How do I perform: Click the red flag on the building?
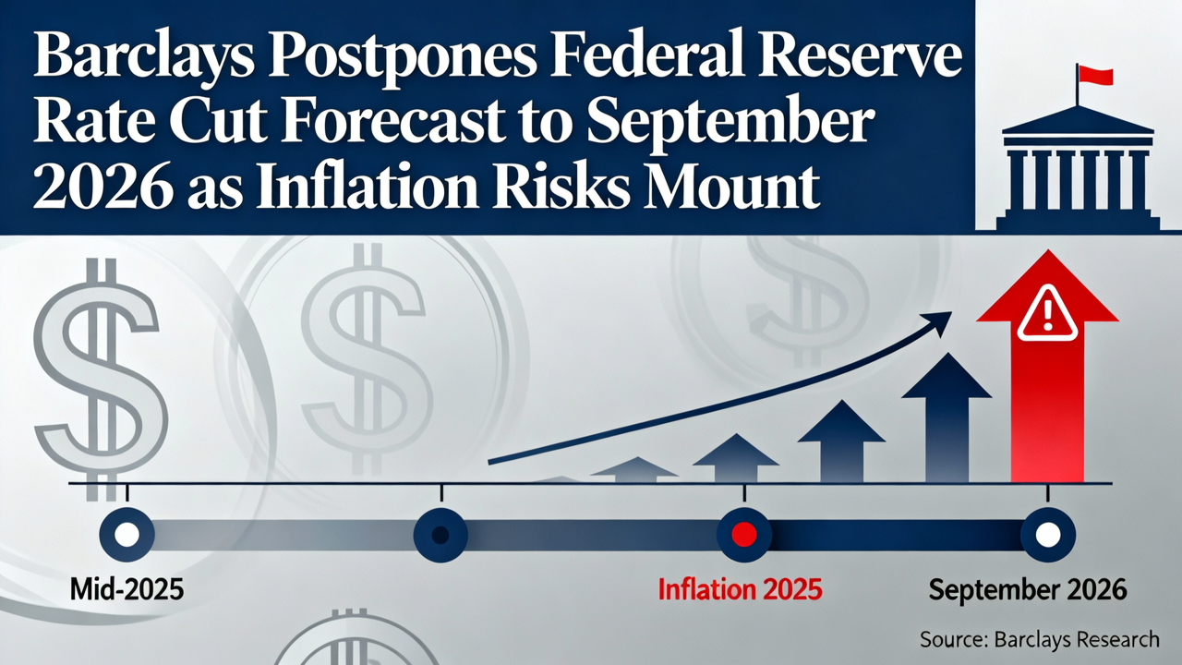1094,75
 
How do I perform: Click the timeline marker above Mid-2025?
127,534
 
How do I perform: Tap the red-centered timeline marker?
744,534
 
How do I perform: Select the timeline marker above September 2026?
1048,534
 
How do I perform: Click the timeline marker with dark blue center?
440,534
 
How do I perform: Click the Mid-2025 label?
127,589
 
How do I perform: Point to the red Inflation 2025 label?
740,589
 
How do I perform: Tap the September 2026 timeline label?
1027,589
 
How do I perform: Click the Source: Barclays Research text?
1039,639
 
